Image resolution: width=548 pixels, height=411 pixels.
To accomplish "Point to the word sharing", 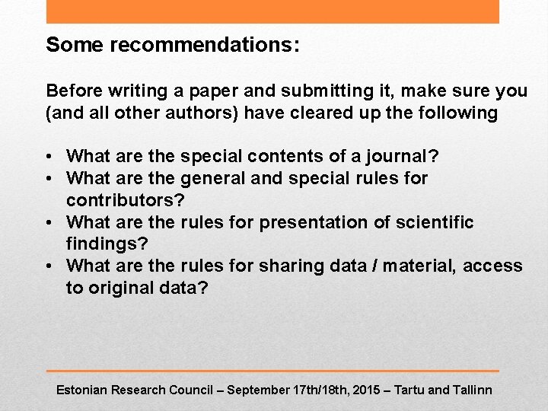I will (x=290, y=266).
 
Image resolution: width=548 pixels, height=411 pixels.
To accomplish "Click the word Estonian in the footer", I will (x=81, y=390).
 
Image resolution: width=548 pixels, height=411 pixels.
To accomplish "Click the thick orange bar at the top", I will (x=272, y=11).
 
